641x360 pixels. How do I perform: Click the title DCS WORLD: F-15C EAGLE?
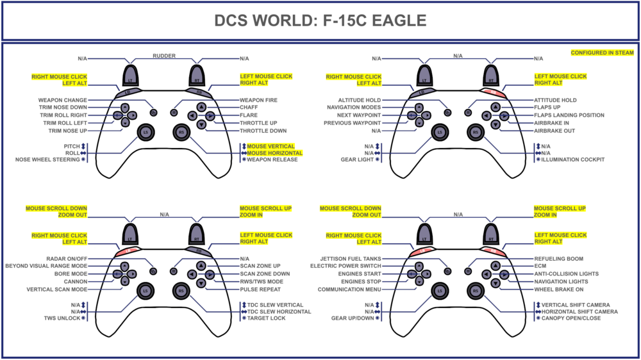[320, 20]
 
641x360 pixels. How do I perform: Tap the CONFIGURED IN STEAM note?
[602, 53]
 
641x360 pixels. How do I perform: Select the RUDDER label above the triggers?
[163, 56]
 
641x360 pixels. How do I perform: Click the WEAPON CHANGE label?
[63, 100]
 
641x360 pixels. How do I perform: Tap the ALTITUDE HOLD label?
[360, 100]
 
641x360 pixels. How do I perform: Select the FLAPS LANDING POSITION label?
[569, 115]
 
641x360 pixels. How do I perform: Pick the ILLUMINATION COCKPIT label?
[572, 160]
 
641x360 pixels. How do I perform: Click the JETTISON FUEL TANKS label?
[351, 258]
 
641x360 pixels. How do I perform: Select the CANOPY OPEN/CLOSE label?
[571, 318]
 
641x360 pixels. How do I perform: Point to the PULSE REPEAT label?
[261, 290]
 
